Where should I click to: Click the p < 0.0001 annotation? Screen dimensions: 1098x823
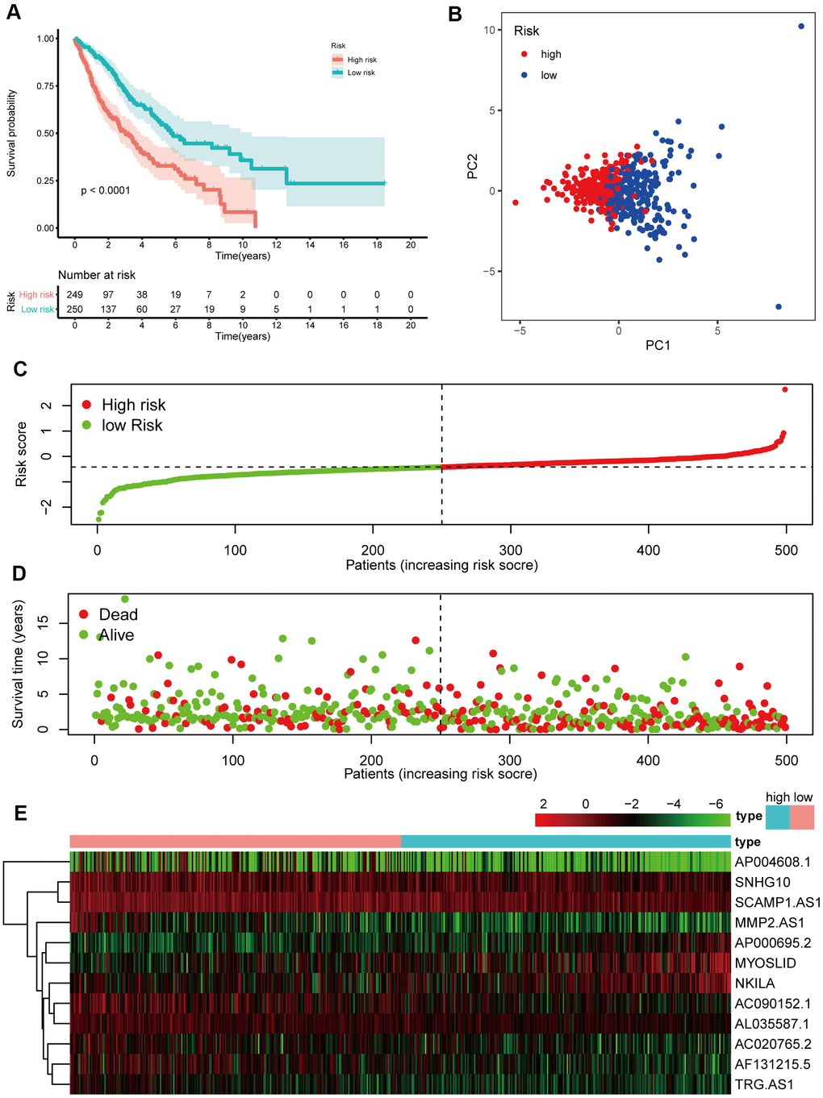[x=106, y=190]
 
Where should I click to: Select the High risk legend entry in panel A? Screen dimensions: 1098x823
[x=361, y=60]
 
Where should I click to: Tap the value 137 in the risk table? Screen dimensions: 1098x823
[x=108, y=309]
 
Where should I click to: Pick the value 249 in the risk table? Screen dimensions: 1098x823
[x=75, y=294]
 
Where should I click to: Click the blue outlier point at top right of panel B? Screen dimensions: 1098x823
[x=801, y=27]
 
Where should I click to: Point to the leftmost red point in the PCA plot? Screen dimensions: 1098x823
[x=516, y=202]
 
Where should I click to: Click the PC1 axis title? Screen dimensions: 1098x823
[x=658, y=345]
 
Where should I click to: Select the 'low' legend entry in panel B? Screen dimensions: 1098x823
[x=549, y=75]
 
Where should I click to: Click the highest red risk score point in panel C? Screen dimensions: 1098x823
[x=785, y=389]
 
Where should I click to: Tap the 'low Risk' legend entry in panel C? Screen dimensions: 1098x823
[x=132, y=425]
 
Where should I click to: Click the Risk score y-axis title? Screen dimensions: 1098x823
[x=22, y=454]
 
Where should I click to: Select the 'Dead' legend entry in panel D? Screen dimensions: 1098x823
[x=118, y=614]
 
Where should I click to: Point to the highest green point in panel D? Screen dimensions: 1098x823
[x=124, y=599]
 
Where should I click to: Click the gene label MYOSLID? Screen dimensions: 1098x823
[x=765, y=963]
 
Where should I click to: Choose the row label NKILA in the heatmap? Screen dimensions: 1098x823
[x=754, y=984]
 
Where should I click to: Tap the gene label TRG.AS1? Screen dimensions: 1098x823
[x=764, y=1084]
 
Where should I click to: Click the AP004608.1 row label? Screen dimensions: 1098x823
[x=772, y=862]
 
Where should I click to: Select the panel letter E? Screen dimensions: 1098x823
[x=20, y=813]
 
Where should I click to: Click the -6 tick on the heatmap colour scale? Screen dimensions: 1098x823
[x=715, y=804]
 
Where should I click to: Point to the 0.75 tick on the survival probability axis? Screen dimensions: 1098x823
[x=46, y=86]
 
